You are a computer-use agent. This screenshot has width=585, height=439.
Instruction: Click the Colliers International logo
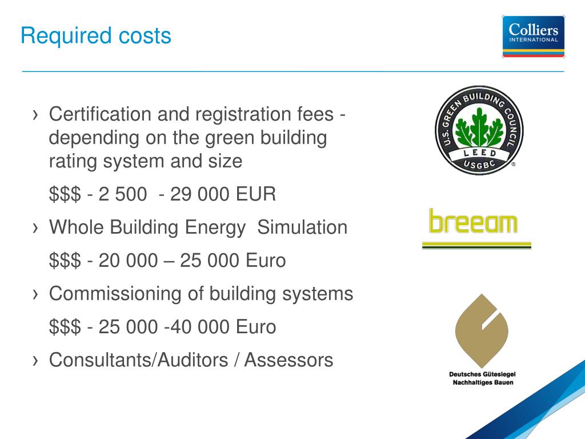point(533,36)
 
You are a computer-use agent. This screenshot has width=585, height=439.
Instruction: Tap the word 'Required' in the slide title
point(66,37)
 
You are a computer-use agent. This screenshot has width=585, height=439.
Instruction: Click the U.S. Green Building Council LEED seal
point(479,130)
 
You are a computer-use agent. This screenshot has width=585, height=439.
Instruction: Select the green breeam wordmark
point(473,221)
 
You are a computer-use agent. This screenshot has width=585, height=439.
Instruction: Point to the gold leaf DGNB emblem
point(482,331)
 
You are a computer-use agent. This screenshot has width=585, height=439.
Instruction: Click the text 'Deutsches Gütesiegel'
point(482,374)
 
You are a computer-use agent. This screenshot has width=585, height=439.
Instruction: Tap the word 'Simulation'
point(302,227)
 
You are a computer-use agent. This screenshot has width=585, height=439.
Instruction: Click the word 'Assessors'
point(289,360)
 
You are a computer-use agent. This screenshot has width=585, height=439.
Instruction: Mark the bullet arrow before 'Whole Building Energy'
point(35,228)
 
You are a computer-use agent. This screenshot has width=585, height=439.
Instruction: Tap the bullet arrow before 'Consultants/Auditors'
point(35,361)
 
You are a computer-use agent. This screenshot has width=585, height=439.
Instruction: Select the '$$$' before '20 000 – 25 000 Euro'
point(65,261)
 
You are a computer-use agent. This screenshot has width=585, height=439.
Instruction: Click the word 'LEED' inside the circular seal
point(479,153)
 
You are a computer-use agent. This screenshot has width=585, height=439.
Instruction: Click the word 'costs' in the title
point(145,37)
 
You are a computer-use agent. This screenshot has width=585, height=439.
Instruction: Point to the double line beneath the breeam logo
point(476,245)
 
